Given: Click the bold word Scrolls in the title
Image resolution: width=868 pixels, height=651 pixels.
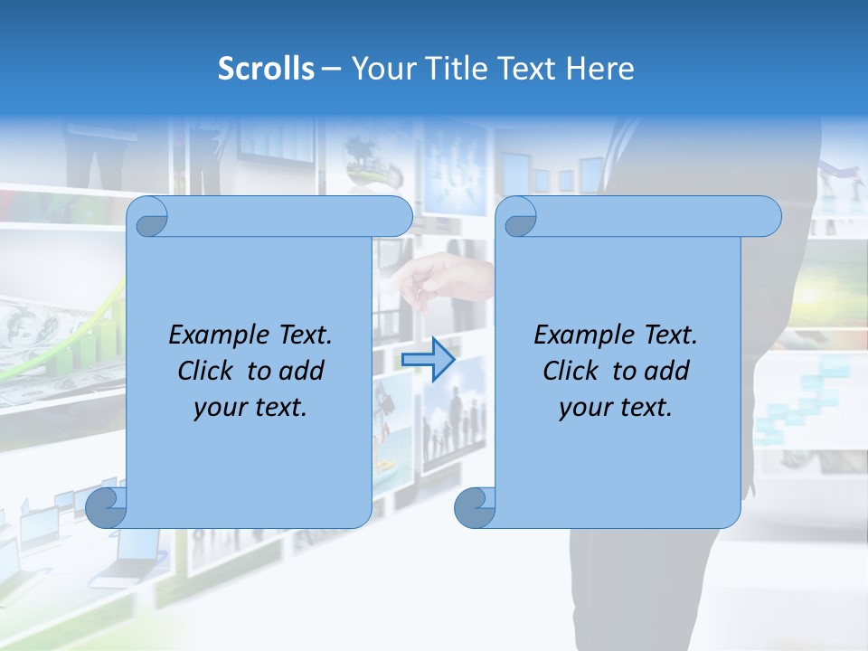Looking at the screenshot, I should [x=267, y=69].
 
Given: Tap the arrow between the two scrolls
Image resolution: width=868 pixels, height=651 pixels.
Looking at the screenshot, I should [x=428, y=359].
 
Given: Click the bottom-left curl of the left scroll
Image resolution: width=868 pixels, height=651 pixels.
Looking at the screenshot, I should [x=106, y=507].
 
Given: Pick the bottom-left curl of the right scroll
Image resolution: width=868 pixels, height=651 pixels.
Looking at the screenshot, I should [x=475, y=507].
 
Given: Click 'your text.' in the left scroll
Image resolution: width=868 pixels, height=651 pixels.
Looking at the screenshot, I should [x=250, y=407].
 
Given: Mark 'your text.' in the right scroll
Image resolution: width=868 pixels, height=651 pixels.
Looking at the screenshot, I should [x=616, y=407].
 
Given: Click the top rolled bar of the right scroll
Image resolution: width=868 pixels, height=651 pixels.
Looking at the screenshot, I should [x=651, y=216].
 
